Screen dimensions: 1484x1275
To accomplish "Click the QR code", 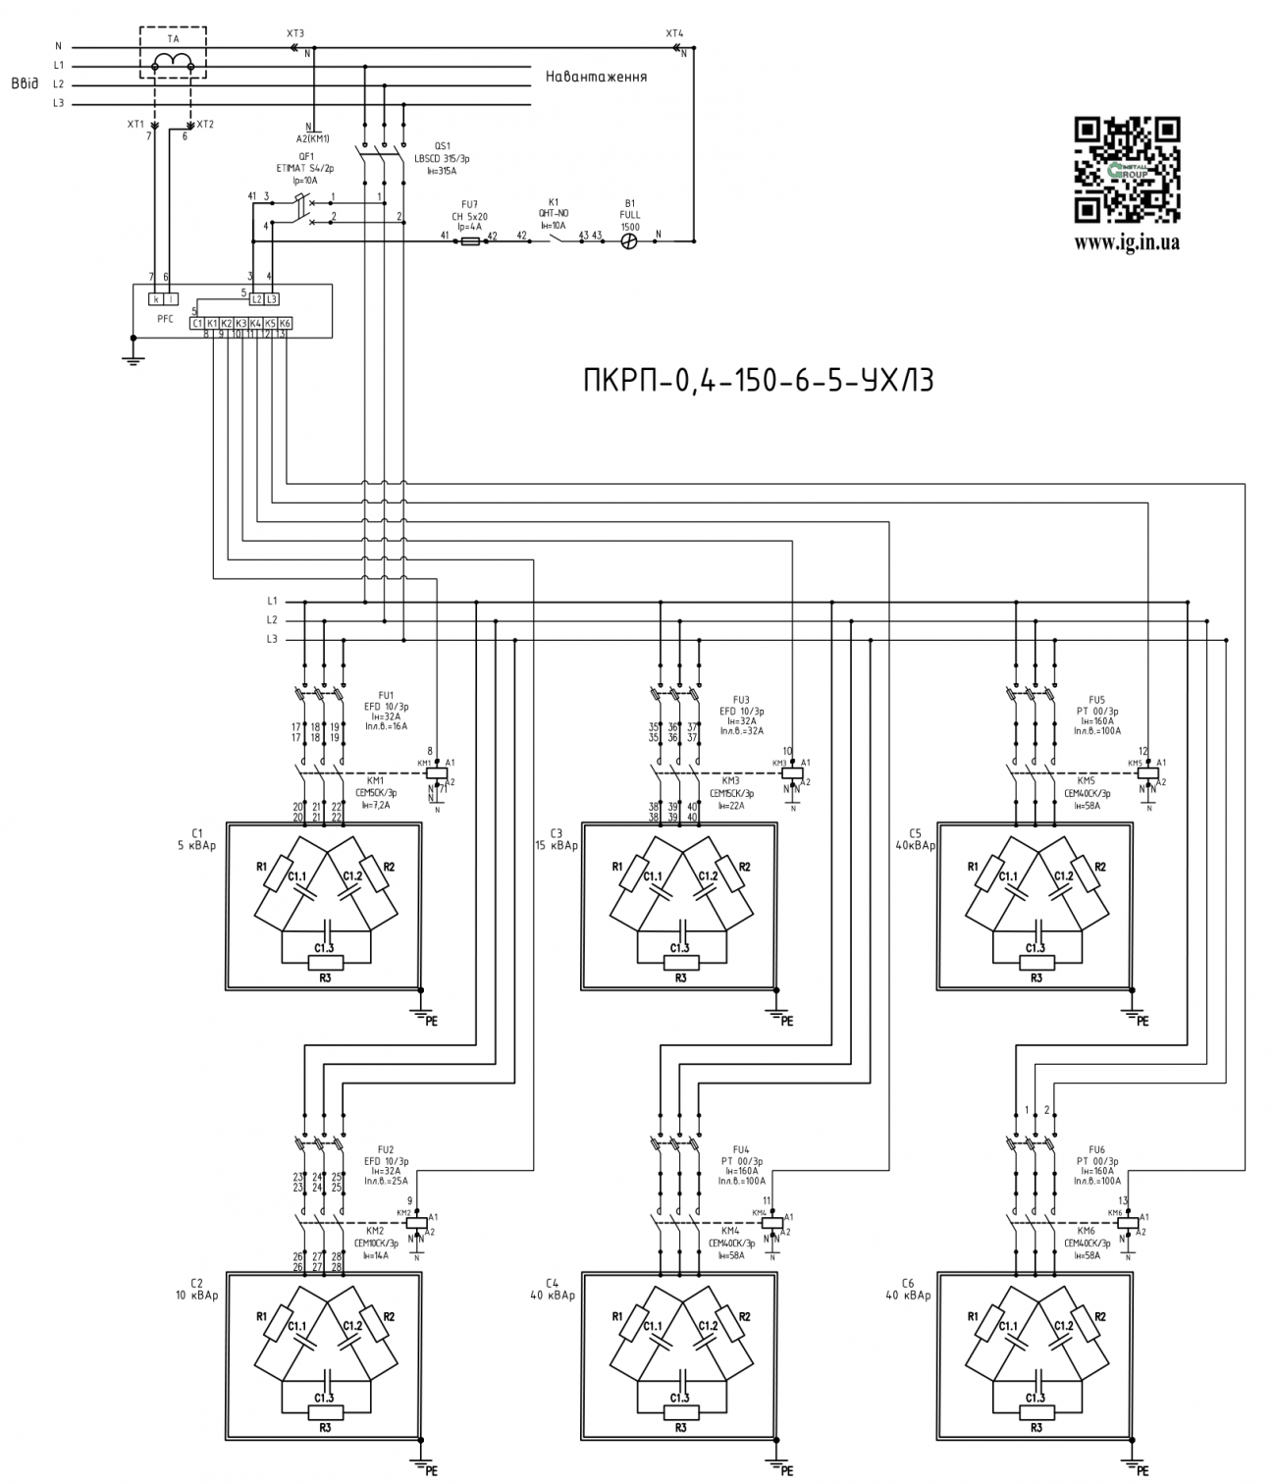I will pos(1127,171).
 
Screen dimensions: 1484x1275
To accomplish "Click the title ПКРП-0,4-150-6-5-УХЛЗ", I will pos(758,380).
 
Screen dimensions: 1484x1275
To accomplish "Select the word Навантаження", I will pos(595,76).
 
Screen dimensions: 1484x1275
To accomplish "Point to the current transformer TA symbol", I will pos(173,62).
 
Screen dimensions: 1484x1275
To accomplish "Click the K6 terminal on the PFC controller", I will pos(285,323).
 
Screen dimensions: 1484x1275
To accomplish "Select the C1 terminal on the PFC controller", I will pos(197,323).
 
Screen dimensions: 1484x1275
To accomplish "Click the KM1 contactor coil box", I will pos(433,772).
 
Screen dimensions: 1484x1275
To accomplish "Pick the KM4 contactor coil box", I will pos(773,1223).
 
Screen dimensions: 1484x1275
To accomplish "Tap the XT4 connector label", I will pos(674,33).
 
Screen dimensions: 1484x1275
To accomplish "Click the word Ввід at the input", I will pos(25,84).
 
